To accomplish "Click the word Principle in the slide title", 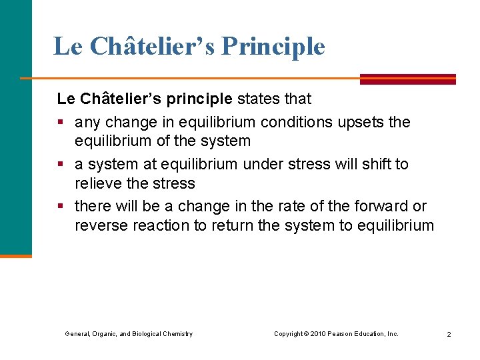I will [273, 47].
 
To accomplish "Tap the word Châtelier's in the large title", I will [152, 46].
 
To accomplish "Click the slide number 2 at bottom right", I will [449, 334].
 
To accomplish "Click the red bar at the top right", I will [408, 79].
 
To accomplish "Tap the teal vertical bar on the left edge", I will [15, 127].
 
